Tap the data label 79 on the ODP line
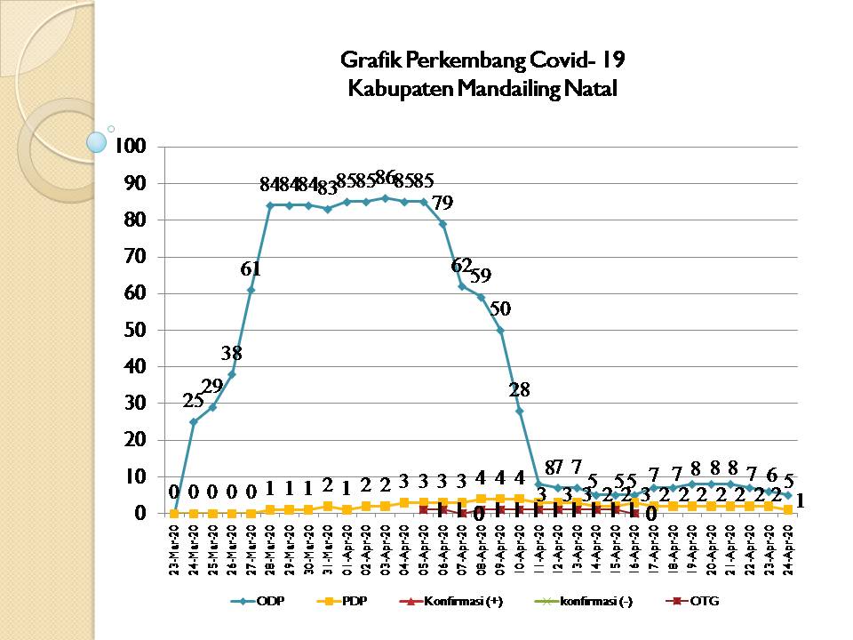pos(442,203)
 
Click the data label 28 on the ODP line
pos(519,389)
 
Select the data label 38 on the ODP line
pos(232,352)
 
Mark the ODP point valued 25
pos(194,421)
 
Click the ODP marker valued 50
pos(500,330)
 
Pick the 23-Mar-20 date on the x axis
pos(175,548)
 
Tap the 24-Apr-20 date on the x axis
pos(788,548)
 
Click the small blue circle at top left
pos(96,140)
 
